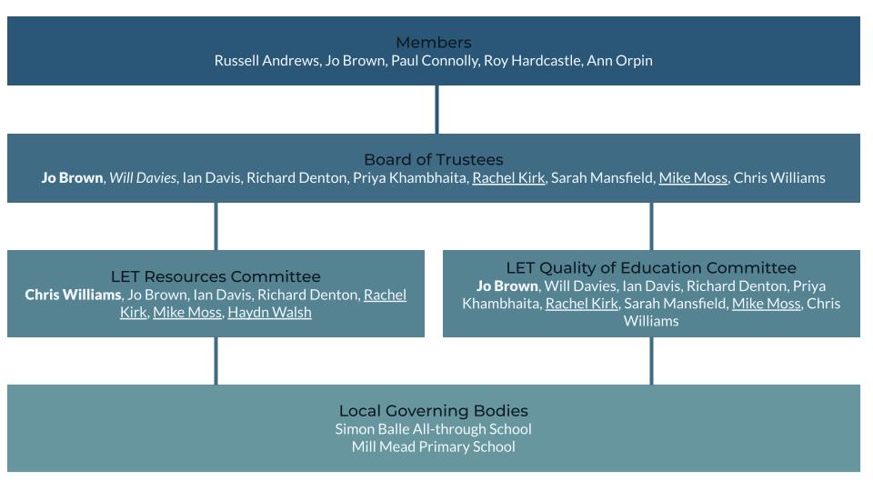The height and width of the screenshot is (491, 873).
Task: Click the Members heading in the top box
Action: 433,43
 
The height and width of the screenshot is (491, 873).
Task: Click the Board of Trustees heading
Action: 433,160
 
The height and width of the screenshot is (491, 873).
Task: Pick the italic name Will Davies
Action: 143,178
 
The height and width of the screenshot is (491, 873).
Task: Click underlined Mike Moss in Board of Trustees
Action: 693,178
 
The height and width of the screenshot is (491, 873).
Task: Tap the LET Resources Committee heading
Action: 216,276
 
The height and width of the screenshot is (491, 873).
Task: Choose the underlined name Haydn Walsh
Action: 269,313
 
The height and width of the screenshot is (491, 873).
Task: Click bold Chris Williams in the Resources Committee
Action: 73,295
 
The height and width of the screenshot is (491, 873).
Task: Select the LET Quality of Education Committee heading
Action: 651,268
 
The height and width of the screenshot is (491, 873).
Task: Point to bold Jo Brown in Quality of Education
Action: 507,286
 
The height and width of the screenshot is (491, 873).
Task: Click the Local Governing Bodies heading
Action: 433,411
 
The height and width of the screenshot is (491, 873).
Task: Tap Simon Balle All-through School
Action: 433,429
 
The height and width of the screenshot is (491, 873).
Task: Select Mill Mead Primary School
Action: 433,447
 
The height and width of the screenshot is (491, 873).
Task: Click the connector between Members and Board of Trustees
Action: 436,109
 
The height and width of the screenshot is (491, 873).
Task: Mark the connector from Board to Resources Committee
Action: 216,225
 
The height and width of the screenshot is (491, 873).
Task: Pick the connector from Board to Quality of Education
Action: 651,225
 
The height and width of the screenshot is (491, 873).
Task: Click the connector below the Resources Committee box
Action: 216,360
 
